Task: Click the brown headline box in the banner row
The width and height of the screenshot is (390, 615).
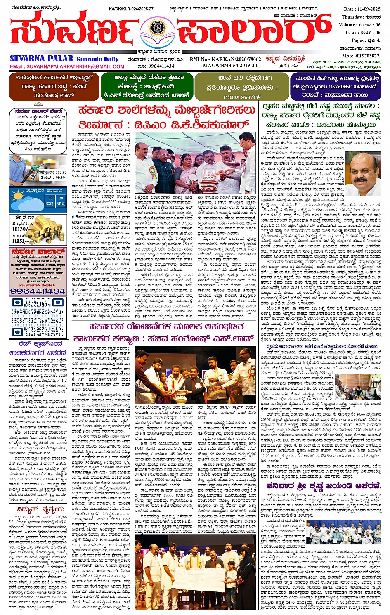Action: pos(52,86)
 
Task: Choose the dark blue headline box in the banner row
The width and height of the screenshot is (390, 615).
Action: pos(336,86)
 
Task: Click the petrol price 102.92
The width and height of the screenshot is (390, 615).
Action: pos(58,172)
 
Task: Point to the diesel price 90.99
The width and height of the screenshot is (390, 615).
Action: pos(59,177)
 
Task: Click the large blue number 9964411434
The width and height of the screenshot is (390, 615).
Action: pos(38,291)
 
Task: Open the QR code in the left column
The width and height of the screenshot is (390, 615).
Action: pos(38,317)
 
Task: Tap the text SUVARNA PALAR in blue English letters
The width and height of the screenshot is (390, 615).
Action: pos(42,59)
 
